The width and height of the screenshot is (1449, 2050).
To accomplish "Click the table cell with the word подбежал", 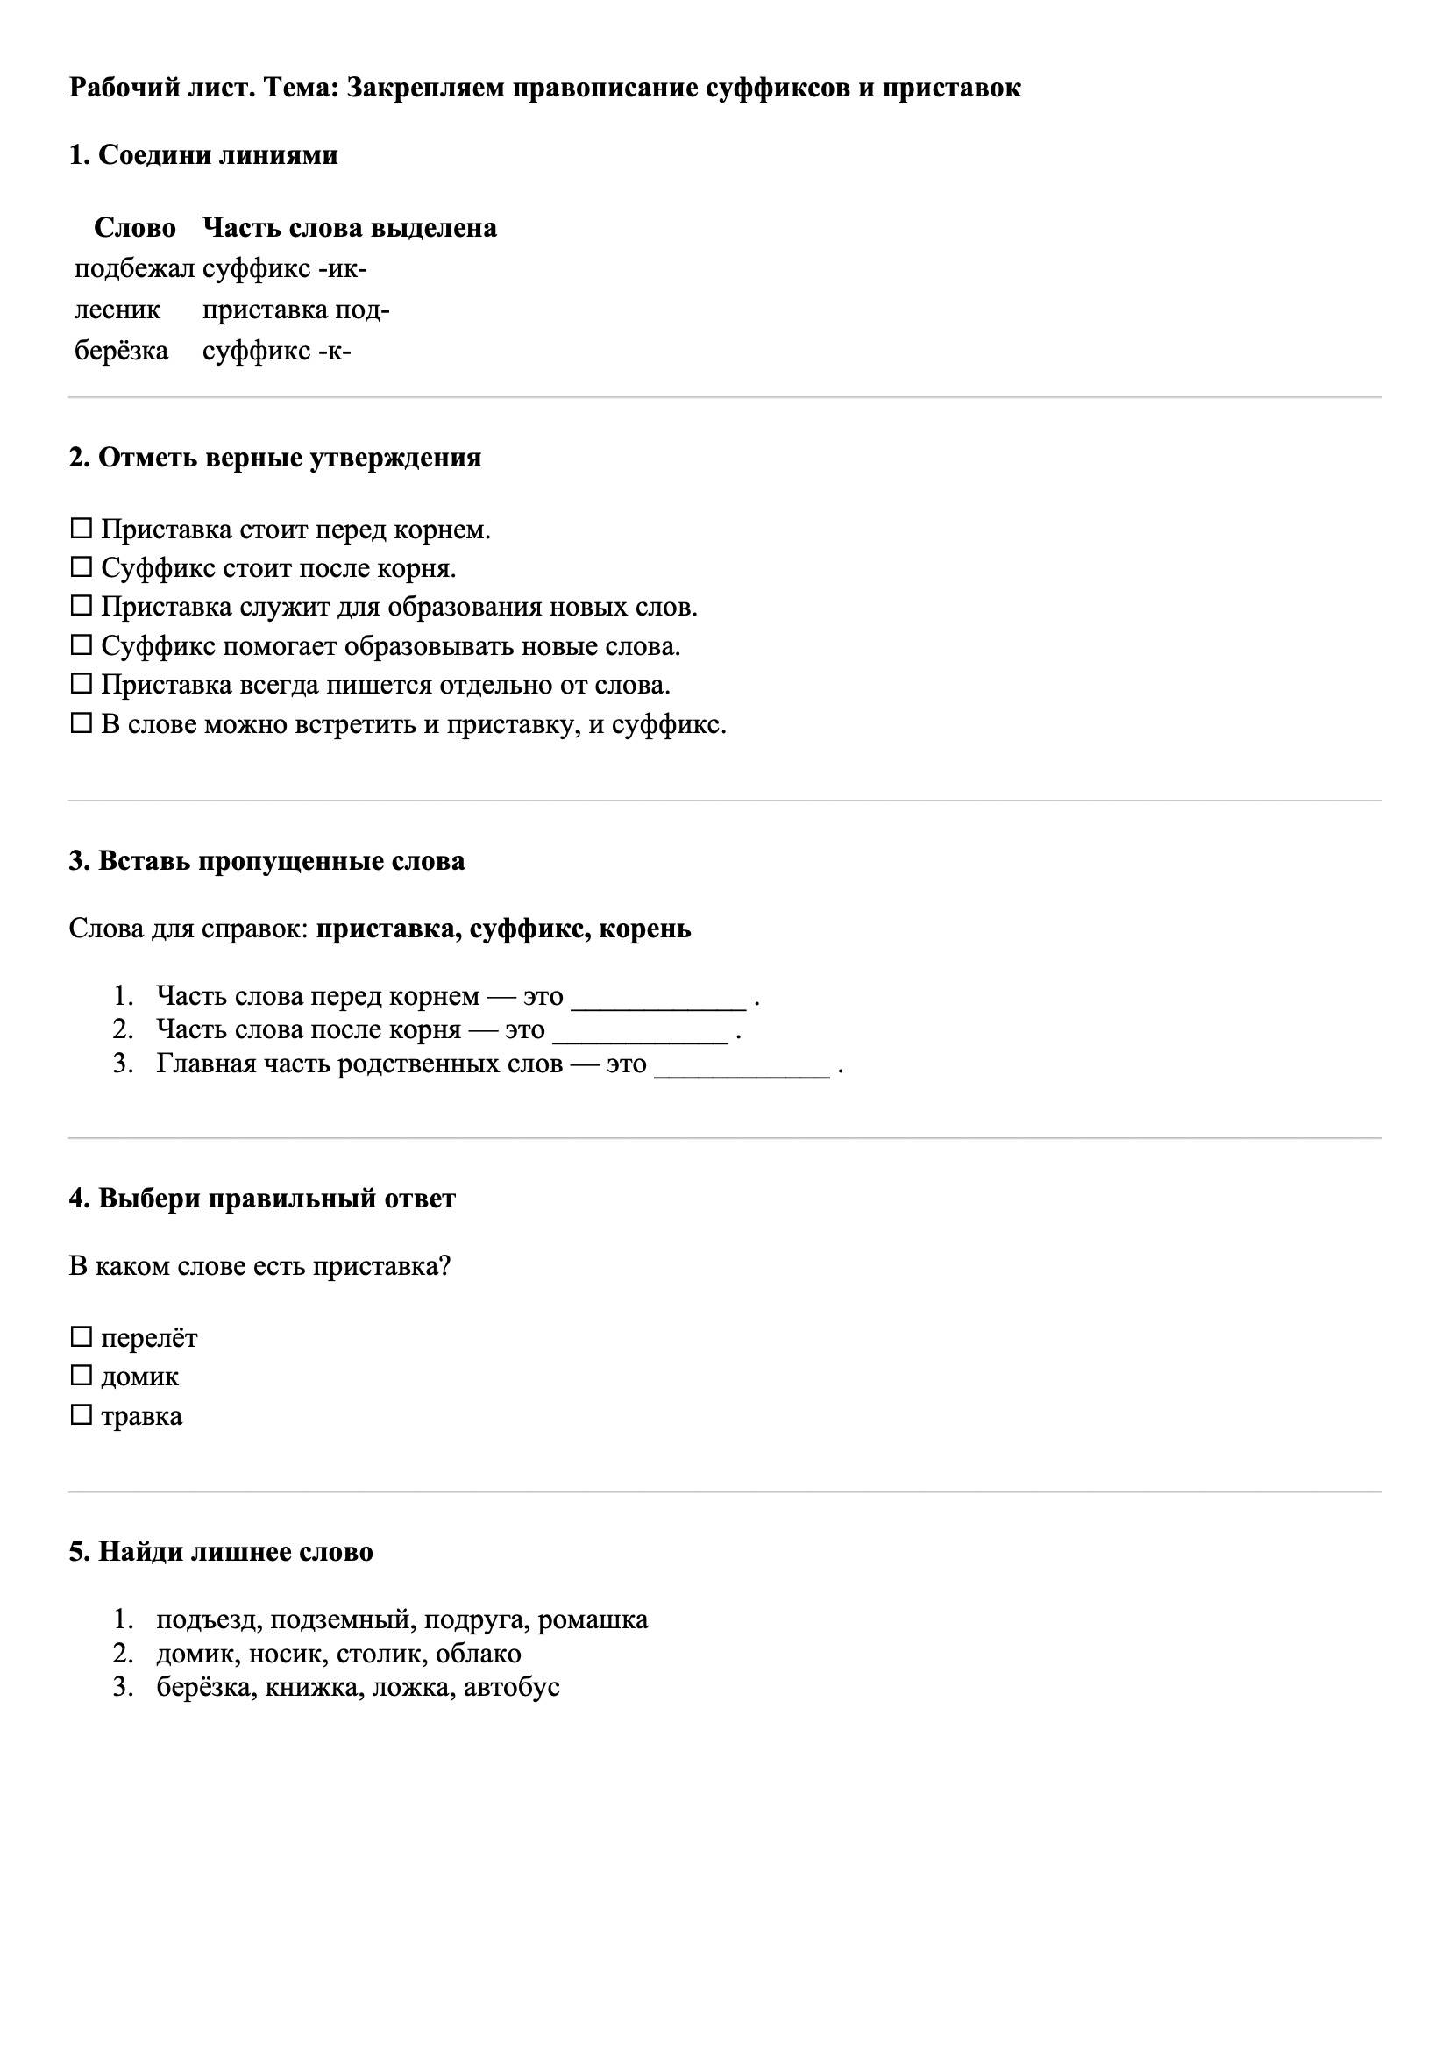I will click(134, 269).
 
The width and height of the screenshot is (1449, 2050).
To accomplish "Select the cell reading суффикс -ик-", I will click(285, 269).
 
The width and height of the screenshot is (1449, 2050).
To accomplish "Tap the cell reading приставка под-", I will click(295, 310).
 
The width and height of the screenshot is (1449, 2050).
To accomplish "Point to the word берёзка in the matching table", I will click(122, 351).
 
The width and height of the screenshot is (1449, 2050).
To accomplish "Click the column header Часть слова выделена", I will click(349, 228).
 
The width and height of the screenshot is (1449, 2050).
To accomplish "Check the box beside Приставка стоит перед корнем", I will click(82, 530).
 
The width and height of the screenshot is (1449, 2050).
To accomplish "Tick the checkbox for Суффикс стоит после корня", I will click(82, 568).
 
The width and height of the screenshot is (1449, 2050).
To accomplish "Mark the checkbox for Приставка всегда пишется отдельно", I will click(82, 685).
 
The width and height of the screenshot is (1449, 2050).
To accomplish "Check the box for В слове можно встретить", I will click(82, 724).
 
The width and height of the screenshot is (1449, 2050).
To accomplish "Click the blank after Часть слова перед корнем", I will click(658, 998).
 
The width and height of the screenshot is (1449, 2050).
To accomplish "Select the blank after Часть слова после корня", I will click(640, 1032).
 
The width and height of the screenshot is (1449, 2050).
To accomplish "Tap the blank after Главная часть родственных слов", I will click(742, 1066).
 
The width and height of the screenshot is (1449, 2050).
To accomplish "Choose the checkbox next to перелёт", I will click(82, 1337).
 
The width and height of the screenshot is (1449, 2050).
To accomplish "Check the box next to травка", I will click(82, 1415).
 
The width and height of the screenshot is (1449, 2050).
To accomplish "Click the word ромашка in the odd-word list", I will click(593, 1619).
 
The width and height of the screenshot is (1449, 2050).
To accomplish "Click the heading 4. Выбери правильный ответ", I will click(262, 1199).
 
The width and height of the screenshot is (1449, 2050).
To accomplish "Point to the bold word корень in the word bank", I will click(644, 929).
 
